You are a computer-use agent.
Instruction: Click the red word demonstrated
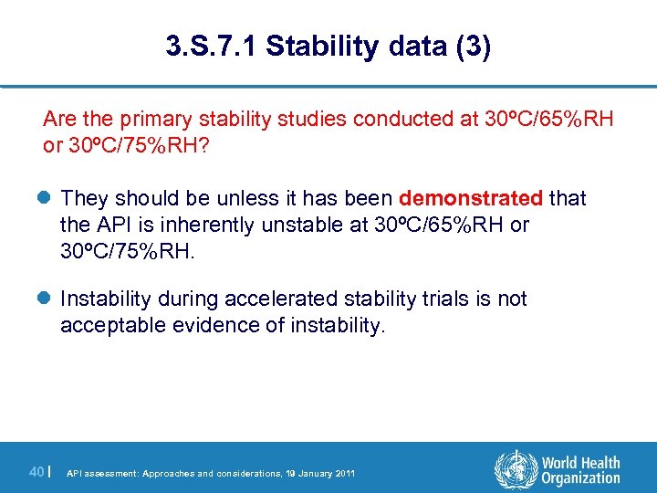click(471, 198)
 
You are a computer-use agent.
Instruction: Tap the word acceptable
click(102, 325)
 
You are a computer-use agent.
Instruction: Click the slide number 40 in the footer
click(36, 471)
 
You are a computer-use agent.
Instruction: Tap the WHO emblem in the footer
click(514, 469)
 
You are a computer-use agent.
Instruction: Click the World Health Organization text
click(579, 470)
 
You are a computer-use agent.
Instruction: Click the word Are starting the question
click(59, 119)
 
